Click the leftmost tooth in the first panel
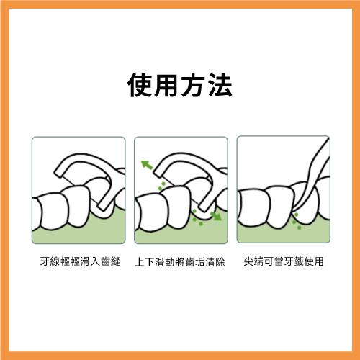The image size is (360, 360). click(x=49, y=215)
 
